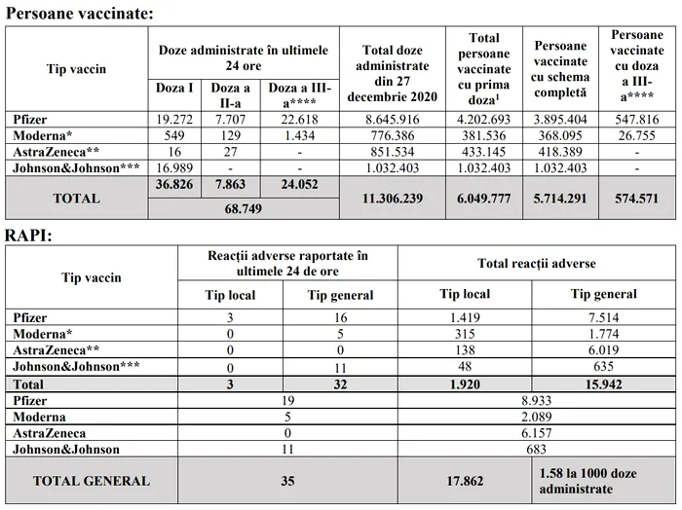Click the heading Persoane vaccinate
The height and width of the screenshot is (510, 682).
point(79,13)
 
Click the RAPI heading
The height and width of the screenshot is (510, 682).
point(28,236)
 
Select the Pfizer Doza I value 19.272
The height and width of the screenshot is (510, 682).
point(176,118)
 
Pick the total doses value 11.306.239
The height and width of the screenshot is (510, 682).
point(392,197)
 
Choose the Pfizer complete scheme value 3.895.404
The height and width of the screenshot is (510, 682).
point(560,118)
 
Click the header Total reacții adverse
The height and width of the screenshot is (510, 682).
point(536,263)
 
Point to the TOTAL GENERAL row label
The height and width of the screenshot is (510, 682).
point(92,481)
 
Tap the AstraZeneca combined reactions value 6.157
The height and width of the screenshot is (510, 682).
point(536,433)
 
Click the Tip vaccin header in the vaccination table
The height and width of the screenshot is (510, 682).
point(76,69)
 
